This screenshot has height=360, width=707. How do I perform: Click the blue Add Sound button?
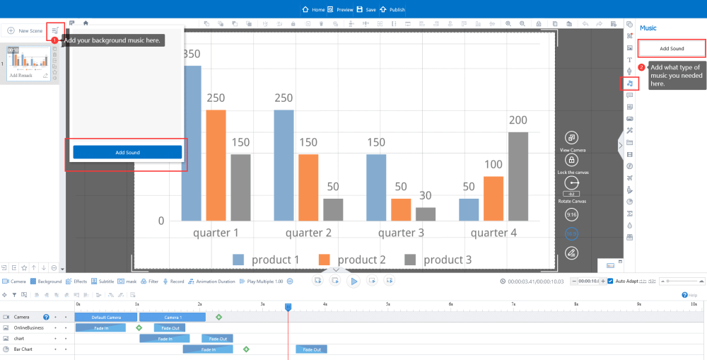point(127,152)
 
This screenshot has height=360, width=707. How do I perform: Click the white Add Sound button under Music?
point(672,48)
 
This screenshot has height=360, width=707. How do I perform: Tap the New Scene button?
point(25,30)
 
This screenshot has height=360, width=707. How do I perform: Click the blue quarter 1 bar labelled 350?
point(192,143)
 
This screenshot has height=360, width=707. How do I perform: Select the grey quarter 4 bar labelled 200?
point(518,176)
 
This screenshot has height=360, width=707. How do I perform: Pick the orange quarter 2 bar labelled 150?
point(308,187)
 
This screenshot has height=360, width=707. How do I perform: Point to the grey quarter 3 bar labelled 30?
point(426,214)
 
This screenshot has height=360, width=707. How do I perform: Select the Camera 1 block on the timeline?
point(173,317)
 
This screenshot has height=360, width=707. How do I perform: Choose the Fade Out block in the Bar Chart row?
point(312,349)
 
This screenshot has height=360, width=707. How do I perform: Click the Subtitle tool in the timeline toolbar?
point(102,281)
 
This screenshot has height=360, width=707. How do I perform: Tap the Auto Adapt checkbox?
point(611,281)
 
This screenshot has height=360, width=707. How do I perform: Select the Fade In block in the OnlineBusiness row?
point(100,328)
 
